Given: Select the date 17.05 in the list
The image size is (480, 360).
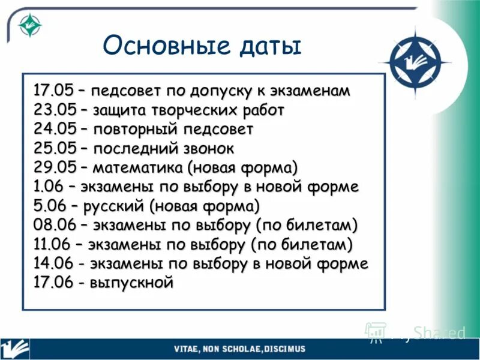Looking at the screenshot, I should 53,91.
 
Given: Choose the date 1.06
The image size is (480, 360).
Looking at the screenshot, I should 50,186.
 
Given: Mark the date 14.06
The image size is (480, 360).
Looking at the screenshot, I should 53,263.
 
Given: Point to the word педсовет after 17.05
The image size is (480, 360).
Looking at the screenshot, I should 126,91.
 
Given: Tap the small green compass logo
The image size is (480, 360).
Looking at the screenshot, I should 28,25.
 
